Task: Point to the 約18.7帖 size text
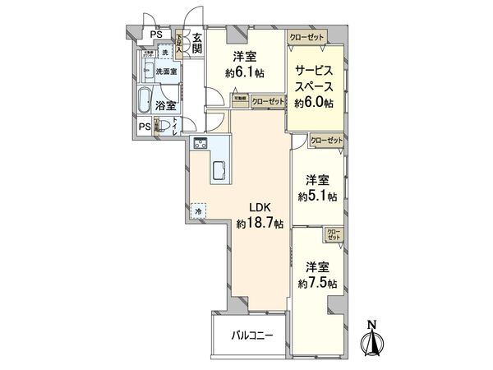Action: (260, 223)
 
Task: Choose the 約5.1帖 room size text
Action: (318, 196)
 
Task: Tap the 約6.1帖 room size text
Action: (246, 72)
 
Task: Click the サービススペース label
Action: (313, 79)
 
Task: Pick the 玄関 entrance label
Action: (197, 44)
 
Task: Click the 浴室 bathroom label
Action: (166, 105)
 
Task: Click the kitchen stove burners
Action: (200, 145)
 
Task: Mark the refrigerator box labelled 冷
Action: (199, 211)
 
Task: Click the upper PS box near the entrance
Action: (154, 34)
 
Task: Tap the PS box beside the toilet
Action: (144, 126)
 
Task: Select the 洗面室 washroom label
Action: (168, 71)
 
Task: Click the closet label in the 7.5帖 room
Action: (334, 234)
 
